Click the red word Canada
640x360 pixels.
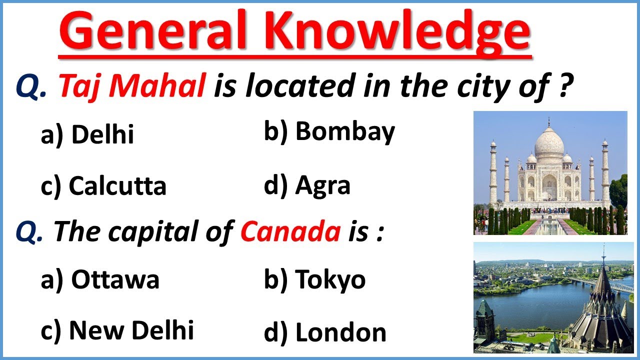click(290, 232)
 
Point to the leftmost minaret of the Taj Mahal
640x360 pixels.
click(493, 172)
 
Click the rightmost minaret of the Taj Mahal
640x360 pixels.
click(605, 172)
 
